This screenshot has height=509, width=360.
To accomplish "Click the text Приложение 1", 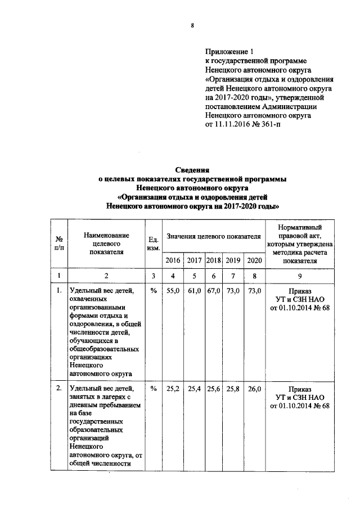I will pos(227,51).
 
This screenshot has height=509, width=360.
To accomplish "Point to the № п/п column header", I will pos(58,242).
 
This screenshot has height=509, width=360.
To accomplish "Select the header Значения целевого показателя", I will pos(213,237).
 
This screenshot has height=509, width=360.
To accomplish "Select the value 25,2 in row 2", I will pos(173,388).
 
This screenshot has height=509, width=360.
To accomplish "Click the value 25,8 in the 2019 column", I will pos(233,388).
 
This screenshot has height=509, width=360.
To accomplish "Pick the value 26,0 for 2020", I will pos(254,388).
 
